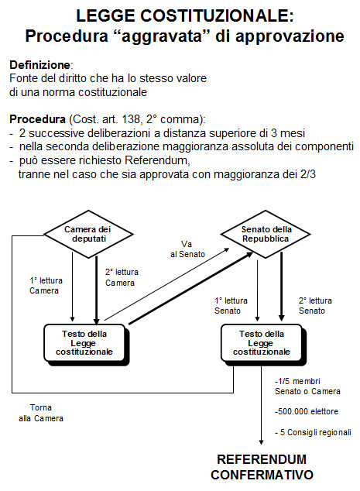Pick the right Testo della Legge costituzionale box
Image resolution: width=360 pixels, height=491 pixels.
click(263, 342)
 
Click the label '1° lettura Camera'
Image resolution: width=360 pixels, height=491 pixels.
click(43, 285)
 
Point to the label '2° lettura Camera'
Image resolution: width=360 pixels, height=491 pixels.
click(120, 278)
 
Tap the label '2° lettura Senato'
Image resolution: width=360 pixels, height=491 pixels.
click(315, 305)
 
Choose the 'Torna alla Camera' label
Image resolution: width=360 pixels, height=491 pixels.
click(41, 413)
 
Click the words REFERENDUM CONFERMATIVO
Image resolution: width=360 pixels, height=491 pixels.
click(261, 465)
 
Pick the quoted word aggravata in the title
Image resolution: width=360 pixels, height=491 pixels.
click(174, 36)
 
